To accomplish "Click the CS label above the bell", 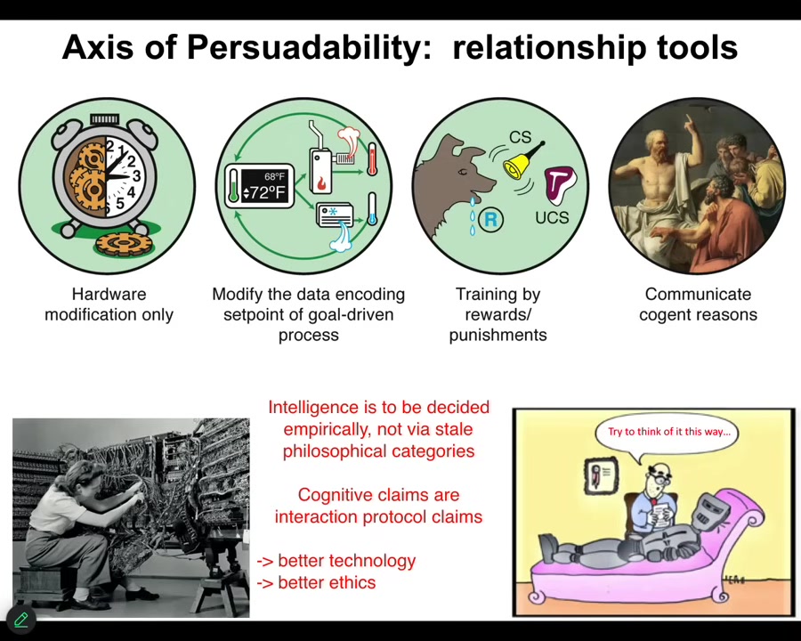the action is (520, 136).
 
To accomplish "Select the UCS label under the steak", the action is (552, 217).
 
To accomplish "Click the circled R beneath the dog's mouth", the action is (490, 219).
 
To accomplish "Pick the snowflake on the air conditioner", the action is (333, 211).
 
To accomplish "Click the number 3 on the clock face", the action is (136, 176).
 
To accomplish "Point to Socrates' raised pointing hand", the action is (689, 123).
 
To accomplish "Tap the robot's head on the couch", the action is (709, 508).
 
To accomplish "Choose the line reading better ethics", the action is (316, 583).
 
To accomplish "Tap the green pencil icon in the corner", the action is (21, 620).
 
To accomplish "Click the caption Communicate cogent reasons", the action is (698, 304).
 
